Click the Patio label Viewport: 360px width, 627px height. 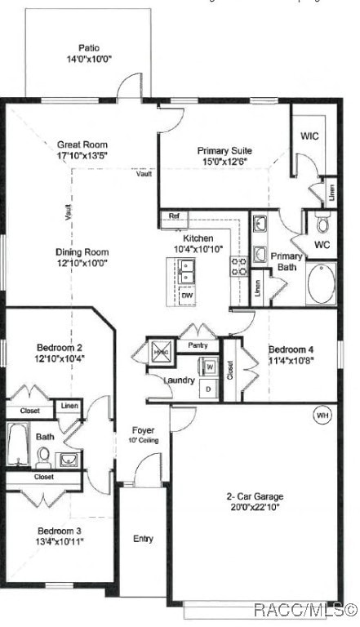click(x=89, y=48)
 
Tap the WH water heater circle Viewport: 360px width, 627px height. click(x=322, y=416)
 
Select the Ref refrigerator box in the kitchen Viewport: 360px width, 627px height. click(x=173, y=216)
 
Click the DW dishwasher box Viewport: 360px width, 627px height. click(x=187, y=296)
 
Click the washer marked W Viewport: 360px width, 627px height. click(x=209, y=367)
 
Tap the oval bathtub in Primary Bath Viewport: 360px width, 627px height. click(x=321, y=283)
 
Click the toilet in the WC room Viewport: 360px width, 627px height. click(x=322, y=222)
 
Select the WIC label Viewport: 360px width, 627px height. click(x=309, y=136)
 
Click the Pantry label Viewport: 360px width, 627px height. click(x=198, y=346)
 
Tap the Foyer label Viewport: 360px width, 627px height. click(x=143, y=430)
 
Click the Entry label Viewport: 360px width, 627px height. click(x=143, y=538)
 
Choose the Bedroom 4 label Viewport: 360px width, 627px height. click(x=291, y=349)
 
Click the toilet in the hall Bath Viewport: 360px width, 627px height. click(x=42, y=455)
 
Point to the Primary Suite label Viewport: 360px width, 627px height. click(x=224, y=150)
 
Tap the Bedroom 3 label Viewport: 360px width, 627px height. click(x=59, y=530)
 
